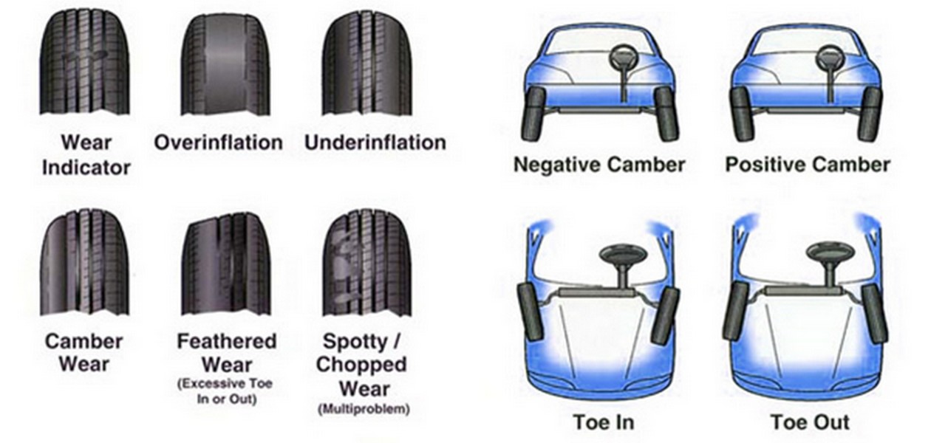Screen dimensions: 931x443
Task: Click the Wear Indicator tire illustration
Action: click(85, 62)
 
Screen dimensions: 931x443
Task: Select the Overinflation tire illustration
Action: click(225, 64)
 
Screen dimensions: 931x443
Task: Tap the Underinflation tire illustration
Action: click(366, 63)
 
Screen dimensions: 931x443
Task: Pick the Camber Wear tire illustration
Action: click(85, 262)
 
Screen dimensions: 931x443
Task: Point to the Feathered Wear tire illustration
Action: click(226, 264)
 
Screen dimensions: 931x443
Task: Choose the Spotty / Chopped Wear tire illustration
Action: click(366, 262)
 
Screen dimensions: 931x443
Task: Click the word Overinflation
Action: click(219, 142)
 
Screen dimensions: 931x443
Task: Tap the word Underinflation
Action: click(375, 142)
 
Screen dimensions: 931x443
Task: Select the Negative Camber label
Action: click(599, 165)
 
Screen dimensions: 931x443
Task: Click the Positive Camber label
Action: click(808, 165)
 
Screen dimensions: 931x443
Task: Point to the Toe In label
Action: click(604, 422)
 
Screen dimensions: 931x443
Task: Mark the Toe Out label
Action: click(810, 422)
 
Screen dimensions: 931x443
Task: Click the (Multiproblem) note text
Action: click(364, 409)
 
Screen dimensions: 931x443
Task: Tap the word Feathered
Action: click(227, 341)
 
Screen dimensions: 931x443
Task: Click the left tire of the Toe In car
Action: click(531, 312)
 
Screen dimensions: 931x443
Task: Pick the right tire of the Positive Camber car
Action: click(869, 114)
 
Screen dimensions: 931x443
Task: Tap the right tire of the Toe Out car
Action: click(875, 314)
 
